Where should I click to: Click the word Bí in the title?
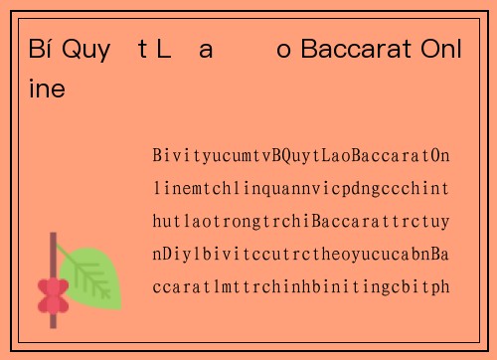tap(40, 50)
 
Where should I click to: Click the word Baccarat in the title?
tap(355, 50)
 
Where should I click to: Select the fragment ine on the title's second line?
tap(48, 89)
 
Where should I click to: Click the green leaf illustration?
tap(92, 275)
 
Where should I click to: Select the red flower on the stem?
tap(52, 294)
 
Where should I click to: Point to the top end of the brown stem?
tap(53, 236)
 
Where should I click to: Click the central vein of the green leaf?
tap(91, 276)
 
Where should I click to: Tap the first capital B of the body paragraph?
tap(159, 158)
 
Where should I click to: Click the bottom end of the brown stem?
tap(53, 326)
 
